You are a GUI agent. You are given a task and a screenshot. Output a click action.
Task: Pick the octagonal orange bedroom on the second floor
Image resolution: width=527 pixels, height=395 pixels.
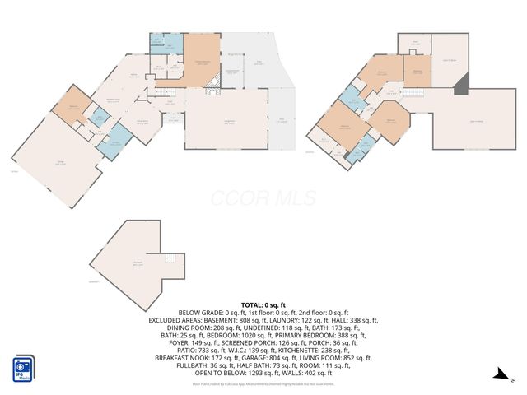[387, 120]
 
